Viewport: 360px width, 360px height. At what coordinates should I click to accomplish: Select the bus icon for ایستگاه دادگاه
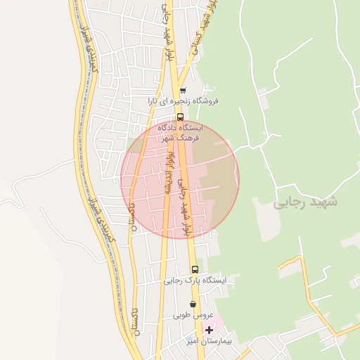point(180,117)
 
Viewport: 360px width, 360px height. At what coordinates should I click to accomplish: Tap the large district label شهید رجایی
point(306,202)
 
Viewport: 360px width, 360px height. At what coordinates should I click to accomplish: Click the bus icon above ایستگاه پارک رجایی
point(195,269)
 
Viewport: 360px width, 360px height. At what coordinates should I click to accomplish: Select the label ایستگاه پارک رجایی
point(196,281)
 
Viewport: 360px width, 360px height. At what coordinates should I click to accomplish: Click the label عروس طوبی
point(193,316)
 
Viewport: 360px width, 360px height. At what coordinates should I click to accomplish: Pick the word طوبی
point(184,316)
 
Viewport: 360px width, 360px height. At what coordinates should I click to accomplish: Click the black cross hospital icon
point(209,329)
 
